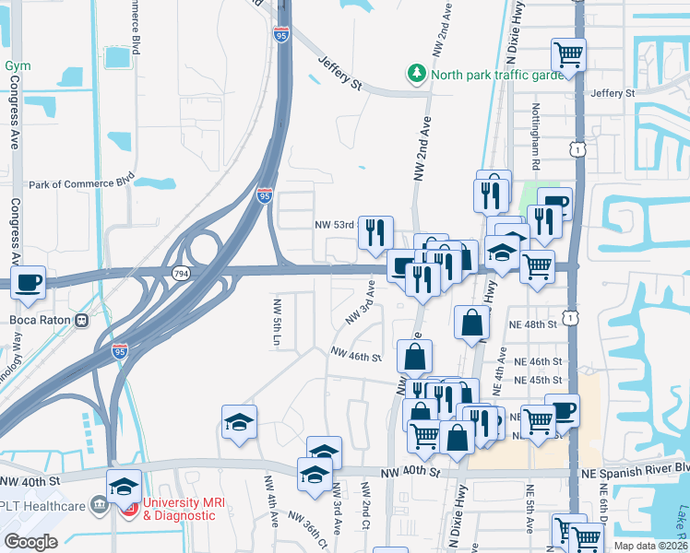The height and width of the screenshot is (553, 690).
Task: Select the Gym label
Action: (x=18, y=66)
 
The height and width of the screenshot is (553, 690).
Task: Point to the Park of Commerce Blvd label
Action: (x=81, y=184)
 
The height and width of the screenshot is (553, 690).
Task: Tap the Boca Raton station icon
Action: (x=82, y=321)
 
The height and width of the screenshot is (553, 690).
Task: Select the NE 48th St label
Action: (x=534, y=325)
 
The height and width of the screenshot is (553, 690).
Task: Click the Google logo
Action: (x=30, y=541)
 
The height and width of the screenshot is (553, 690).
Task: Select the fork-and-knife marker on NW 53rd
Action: (x=375, y=231)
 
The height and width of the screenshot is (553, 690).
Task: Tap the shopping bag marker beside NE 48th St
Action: (x=471, y=322)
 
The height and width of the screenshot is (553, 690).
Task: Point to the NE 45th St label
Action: (x=534, y=380)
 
